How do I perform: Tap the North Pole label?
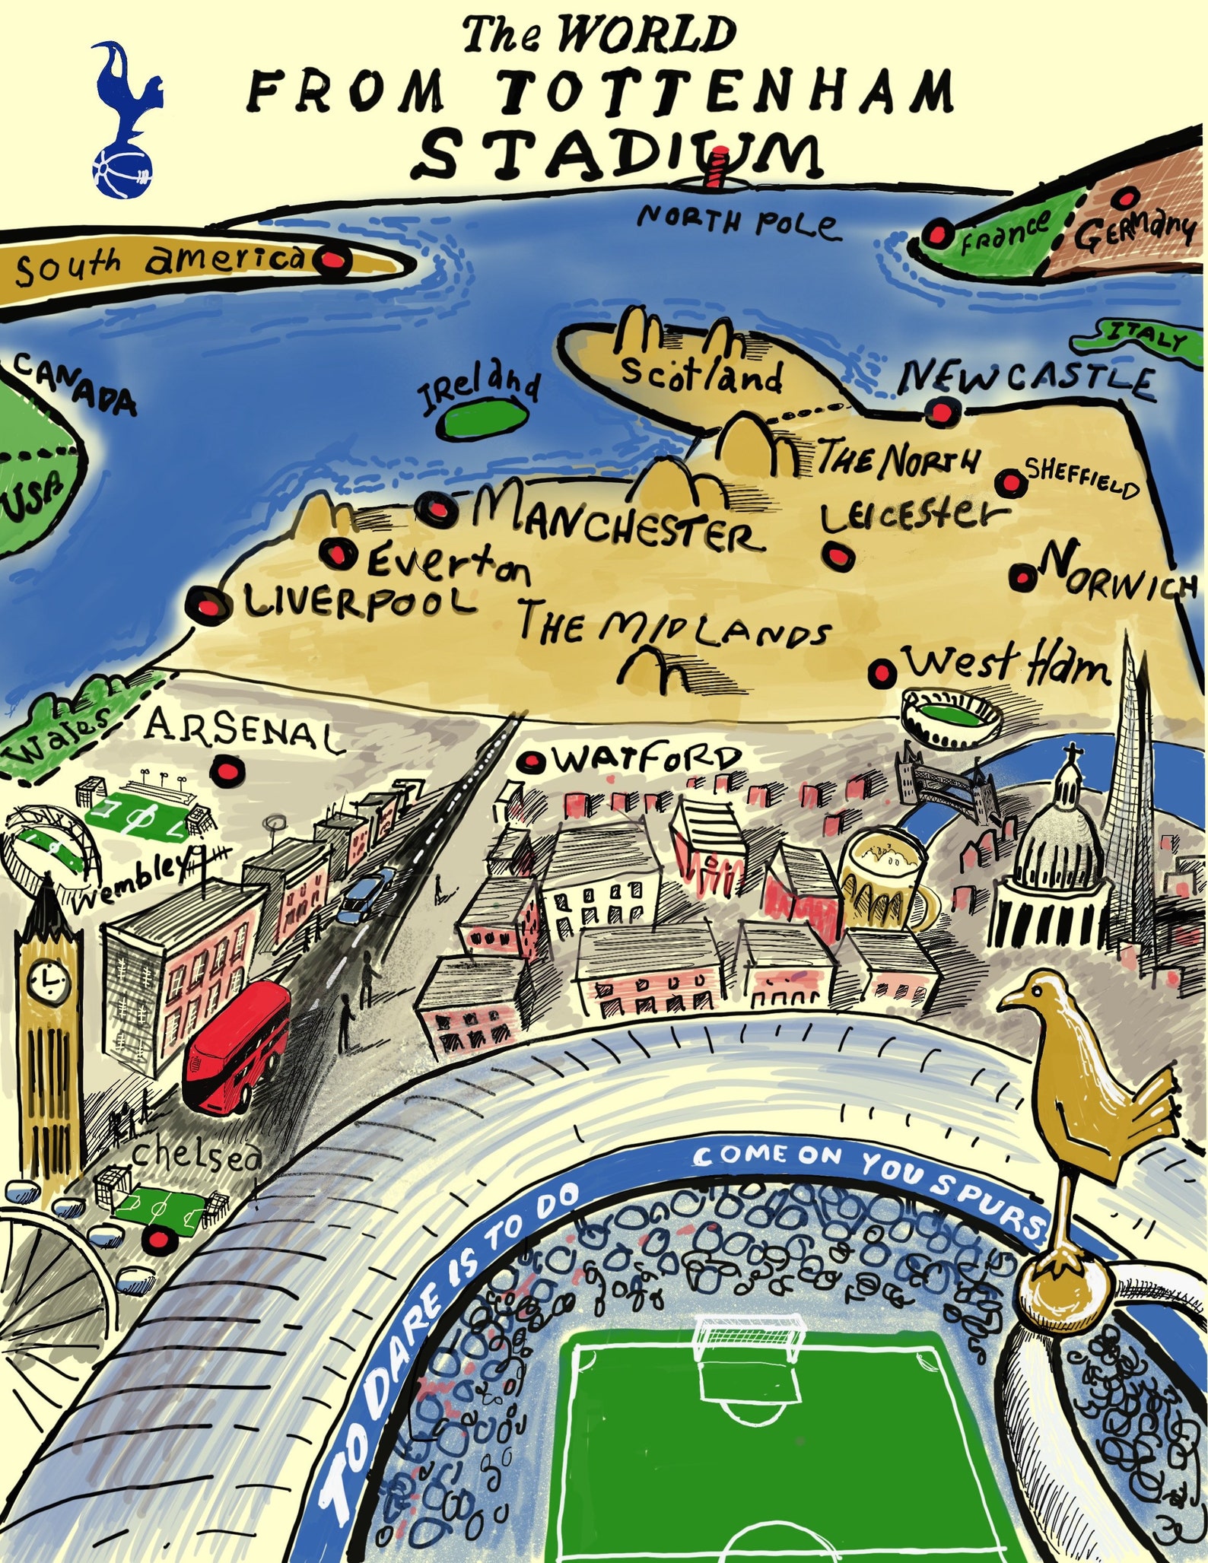pos(738,221)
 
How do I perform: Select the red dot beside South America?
pos(332,262)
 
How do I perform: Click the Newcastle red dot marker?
pos(942,411)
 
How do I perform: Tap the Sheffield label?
pos(1082,477)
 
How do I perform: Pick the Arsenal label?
pos(240,730)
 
